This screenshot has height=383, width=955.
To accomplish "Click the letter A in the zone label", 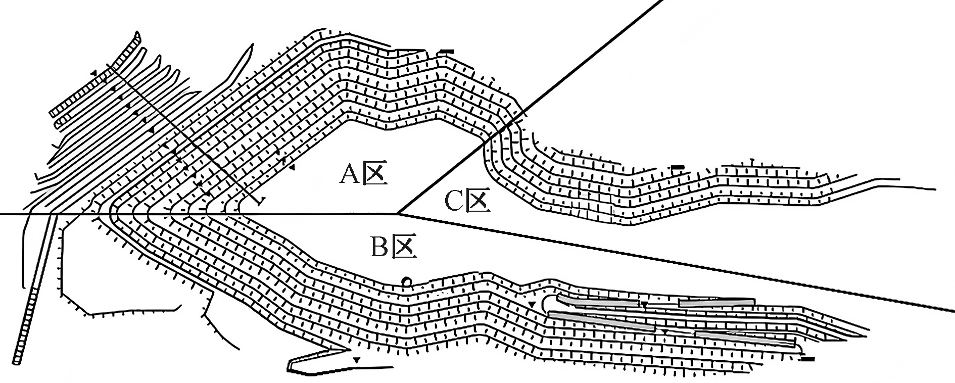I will click(350, 174).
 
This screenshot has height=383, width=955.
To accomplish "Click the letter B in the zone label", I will click(379, 248).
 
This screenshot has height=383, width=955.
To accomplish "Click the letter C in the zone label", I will click(454, 202).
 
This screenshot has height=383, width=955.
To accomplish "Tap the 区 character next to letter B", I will click(405, 248).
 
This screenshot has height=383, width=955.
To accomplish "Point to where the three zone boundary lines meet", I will click(399, 214).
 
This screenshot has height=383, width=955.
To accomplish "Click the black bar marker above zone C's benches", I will click(677, 167).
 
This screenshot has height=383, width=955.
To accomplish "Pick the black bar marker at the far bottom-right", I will click(807, 359).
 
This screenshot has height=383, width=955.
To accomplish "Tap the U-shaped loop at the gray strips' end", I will click(546, 302).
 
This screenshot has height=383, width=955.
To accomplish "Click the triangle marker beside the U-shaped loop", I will click(532, 304).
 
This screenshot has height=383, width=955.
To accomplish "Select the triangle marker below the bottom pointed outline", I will click(357, 360).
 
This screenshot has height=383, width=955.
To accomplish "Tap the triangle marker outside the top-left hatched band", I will click(93, 74).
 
